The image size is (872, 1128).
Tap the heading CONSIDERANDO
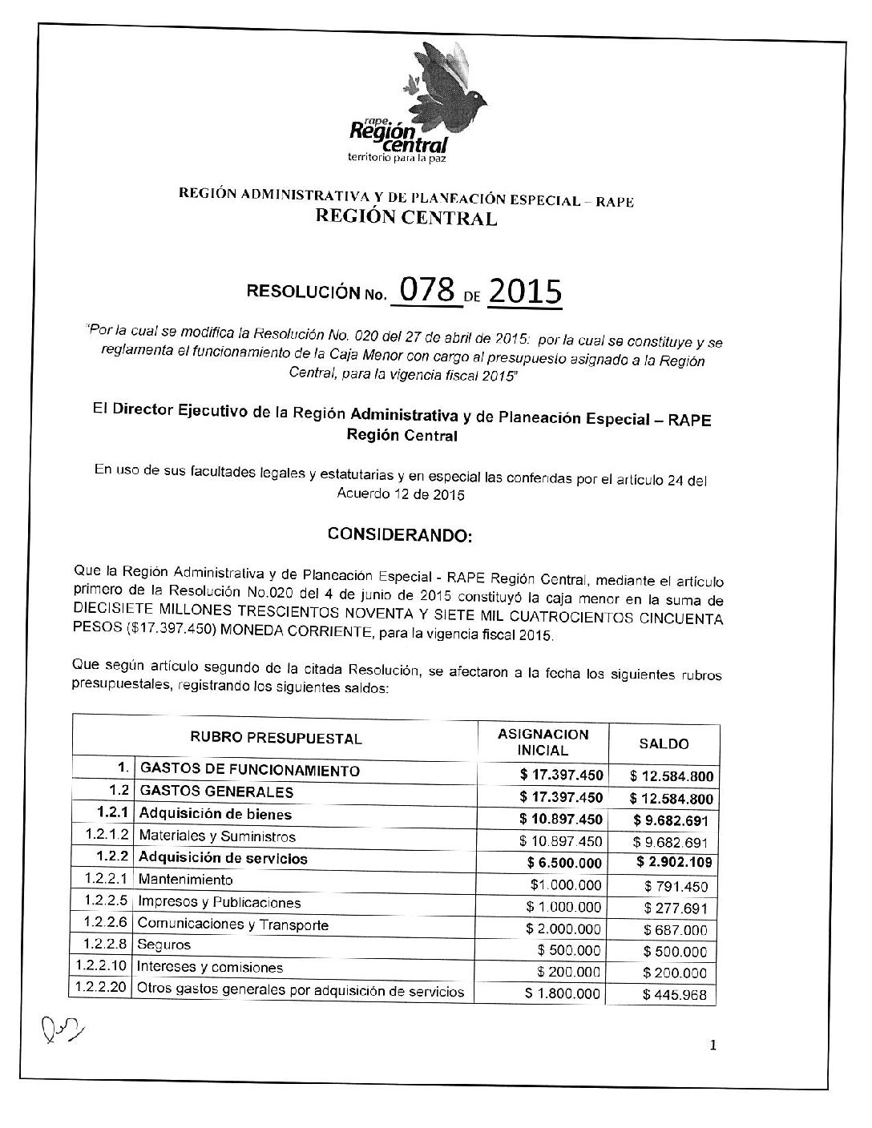pos(401,534)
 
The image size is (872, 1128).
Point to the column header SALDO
pos(664,743)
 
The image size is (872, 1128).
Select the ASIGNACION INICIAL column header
pos(543,743)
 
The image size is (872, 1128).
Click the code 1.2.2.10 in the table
pos(102,966)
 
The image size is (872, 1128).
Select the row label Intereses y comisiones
pos(211,967)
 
